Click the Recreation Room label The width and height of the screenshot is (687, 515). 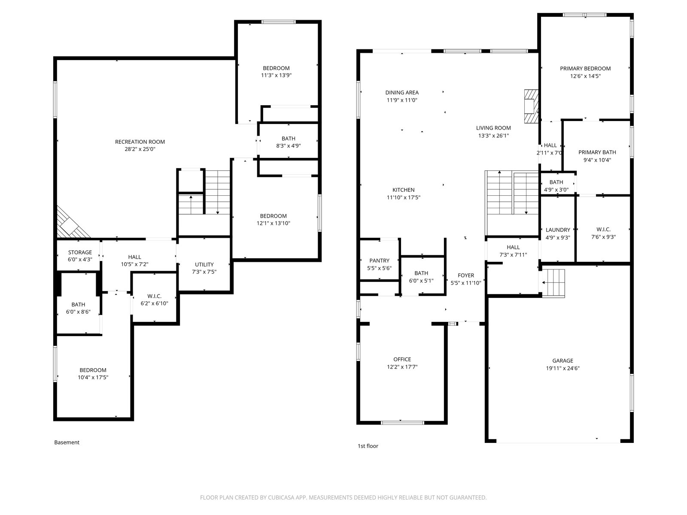pos(140,142)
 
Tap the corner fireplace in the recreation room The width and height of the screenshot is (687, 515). pos(73,223)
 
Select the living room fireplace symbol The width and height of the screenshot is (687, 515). pos(531,106)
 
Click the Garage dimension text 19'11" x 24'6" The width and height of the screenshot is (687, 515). pos(563,368)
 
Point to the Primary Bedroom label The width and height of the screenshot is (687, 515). pos(585,69)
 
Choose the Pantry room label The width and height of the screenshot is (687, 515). pos(379,261)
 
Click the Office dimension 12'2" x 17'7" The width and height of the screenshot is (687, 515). pos(402,367)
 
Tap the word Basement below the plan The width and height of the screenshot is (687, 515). pos(67,442)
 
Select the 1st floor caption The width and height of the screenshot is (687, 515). pos(368,446)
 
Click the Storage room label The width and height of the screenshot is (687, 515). pos(80,252)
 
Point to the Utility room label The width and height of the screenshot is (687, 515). pos(204,264)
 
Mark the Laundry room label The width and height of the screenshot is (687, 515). pos(558,230)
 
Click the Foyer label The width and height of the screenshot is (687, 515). pos(466,276)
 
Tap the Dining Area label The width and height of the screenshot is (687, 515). pos(402,93)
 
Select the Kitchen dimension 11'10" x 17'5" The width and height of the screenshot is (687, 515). pos(404,197)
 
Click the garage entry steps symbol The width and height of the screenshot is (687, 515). pos(553,283)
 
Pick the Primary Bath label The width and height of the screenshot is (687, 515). pos(597,152)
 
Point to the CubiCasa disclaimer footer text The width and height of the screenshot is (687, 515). pos(343,497)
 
